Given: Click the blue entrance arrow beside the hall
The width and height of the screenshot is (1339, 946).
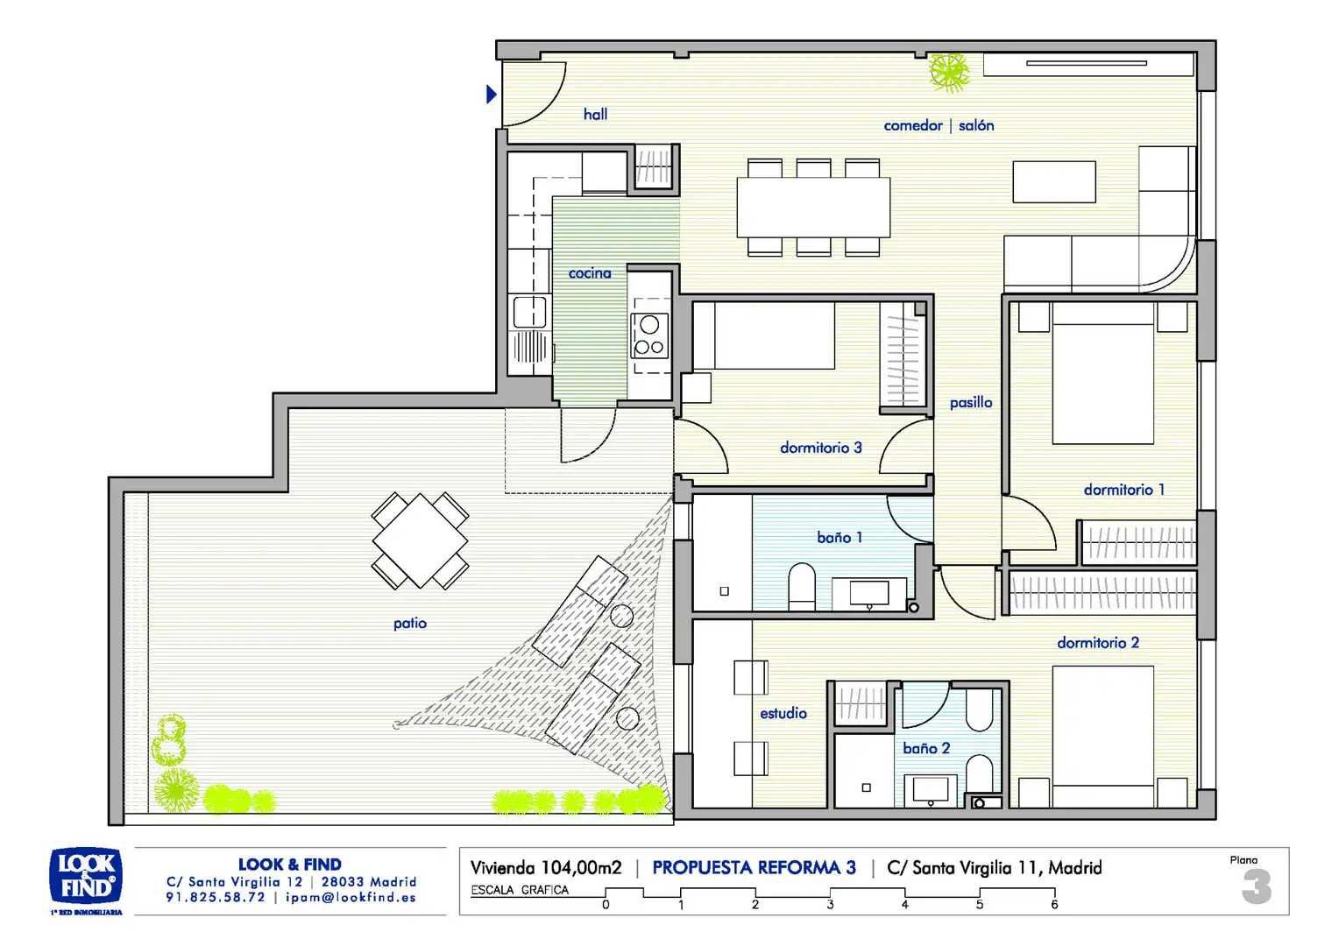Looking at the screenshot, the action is coord(492,95).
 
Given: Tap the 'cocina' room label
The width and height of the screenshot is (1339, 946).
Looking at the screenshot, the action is coord(590,273).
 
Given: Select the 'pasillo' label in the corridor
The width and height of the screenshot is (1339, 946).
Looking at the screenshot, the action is coord(971,402).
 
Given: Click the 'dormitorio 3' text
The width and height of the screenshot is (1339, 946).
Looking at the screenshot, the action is coord(821,448).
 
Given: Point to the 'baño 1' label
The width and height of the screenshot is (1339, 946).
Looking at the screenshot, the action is coord(840,537).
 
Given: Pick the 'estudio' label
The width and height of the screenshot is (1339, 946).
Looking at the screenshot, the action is coord(783,713).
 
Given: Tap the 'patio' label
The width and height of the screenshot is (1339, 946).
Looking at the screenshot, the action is coord(410,624).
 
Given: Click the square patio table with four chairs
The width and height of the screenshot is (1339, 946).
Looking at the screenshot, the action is coord(420,540).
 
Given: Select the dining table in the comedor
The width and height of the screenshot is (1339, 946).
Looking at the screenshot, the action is coord(813,208).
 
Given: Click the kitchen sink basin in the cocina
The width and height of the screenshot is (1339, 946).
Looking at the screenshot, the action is coord(529,312).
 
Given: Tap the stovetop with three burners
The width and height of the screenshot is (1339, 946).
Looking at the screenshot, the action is coord(649,335).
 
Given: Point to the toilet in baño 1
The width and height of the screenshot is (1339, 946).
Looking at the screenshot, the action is coord(802,586).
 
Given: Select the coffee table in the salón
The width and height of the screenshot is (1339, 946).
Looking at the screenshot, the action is coord(1054,181).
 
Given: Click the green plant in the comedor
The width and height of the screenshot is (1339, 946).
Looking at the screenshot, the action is coord(949,73).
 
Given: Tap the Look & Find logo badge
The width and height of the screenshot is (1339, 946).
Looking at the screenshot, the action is coord(86,876).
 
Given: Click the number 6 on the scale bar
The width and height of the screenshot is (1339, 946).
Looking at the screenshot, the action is coord(1054,904).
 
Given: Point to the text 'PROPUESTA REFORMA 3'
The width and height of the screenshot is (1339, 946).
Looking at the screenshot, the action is coord(754,867).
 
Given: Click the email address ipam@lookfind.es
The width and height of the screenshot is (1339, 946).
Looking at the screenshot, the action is coord(351,897).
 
